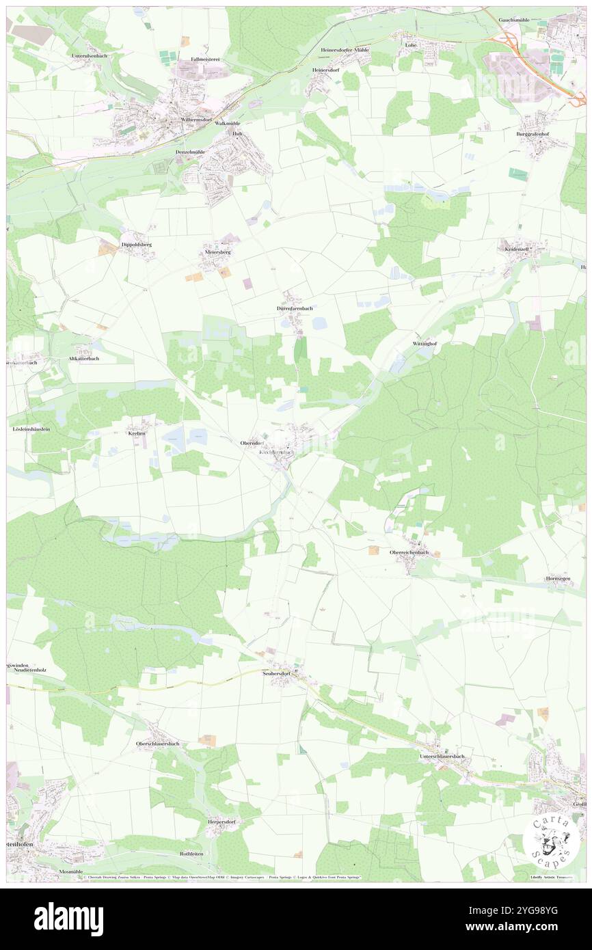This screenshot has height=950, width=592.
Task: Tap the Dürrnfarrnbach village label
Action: click(x=295, y=308)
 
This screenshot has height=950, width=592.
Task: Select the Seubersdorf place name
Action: click(x=278, y=673)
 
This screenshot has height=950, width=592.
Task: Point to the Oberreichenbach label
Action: click(x=409, y=552)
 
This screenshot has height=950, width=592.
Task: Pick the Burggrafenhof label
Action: click(x=533, y=134)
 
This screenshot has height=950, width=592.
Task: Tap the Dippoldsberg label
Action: click(x=136, y=244)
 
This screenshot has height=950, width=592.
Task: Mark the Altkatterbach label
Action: click(x=83, y=358)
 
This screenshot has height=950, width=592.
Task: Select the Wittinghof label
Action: click(x=425, y=343)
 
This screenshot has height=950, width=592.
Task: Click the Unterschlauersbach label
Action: click(x=442, y=757)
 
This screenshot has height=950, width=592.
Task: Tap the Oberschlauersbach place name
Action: click(x=158, y=744)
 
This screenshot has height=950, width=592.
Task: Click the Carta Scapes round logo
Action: click(x=546, y=840)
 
